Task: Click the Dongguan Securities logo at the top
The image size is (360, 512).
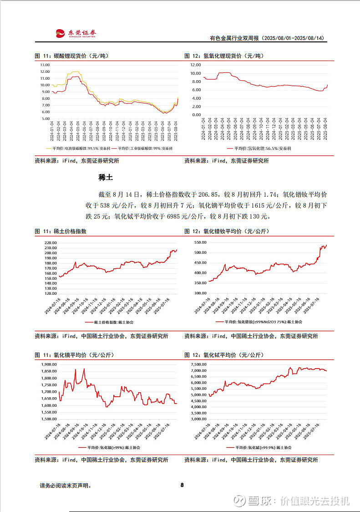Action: point(76,33)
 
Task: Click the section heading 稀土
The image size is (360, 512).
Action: point(106,177)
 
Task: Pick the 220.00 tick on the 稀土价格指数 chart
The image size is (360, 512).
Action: point(51,243)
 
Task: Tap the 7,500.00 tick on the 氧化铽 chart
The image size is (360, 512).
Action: point(198,364)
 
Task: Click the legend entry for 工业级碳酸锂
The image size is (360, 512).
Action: point(145,148)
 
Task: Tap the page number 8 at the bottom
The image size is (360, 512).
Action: point(182,485)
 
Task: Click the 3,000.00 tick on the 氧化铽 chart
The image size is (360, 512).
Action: point(198,419)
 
